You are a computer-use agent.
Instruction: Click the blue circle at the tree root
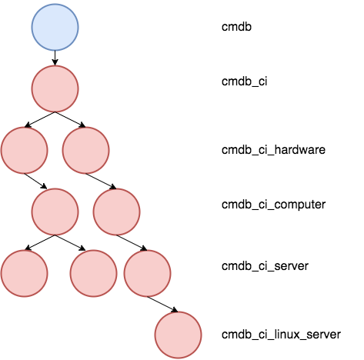click(x=55, y=27)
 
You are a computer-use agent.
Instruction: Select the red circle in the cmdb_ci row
click(x=55, y=88)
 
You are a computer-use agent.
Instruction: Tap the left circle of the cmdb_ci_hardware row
click(x=24, y=150)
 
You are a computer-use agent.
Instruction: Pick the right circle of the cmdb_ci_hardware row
click(x=85, y=150)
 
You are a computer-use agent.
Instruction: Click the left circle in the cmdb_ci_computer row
click(x=55, y=212)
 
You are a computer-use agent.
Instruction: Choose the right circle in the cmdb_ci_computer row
click(x=116, y=212)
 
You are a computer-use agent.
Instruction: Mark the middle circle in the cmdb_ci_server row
click(x=93, y=273)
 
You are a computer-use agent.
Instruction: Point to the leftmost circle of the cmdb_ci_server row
click(x=24, y=273)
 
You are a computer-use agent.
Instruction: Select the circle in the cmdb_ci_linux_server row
click(x=178, y=335)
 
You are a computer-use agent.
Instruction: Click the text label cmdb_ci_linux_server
click(x=281, y=335)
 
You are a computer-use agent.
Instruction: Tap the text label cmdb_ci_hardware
click(x=273, y=150)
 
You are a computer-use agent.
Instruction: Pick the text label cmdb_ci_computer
click(x=273, y=205)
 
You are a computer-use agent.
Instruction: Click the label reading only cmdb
click(x=236, y=27)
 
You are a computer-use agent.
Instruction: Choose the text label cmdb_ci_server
click(x=265, y=266)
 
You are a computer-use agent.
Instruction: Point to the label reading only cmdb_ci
click(x=245, y=82)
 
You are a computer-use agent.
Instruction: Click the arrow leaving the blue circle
click(x=55, y=58)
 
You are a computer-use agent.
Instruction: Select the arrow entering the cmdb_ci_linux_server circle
click(x=162, y=305)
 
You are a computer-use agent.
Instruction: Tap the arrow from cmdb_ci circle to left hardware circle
click(x=39, y=119)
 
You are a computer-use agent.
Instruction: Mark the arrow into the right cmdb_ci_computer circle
click(x=101, y=182)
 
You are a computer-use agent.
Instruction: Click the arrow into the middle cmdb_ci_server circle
click(x=70, y=243)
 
